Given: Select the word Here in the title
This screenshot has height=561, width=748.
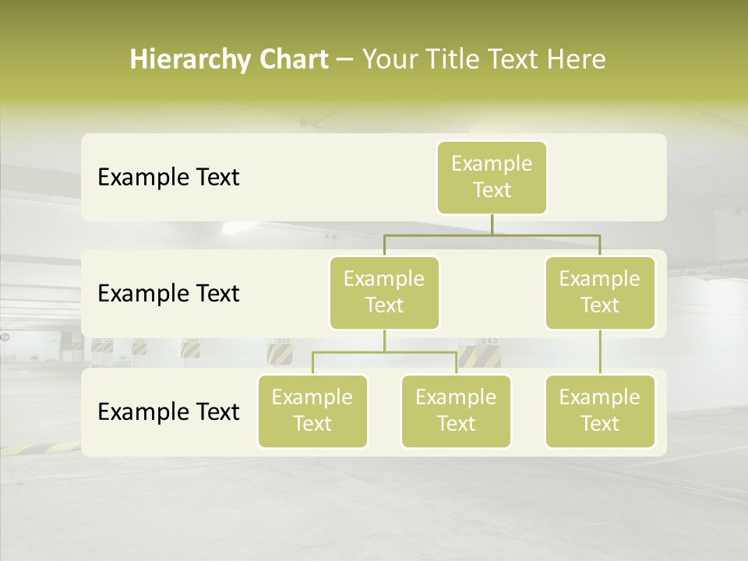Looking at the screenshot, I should (576, 60).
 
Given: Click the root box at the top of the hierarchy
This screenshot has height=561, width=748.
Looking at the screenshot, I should (492, 177).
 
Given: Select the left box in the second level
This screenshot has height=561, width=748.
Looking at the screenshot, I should (384, 292).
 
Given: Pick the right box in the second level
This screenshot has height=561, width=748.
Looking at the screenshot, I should (599, 292).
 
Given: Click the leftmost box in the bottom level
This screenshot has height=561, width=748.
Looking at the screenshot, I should (312, 411).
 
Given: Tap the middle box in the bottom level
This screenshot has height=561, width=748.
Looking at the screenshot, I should (456, 411).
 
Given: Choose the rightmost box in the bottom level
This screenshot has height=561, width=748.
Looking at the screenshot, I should (599, 411).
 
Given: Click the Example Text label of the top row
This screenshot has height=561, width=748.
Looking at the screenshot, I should (168, 178).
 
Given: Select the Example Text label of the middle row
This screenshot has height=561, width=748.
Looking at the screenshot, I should (168, 294).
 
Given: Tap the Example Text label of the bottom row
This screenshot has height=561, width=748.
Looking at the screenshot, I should (168, 411).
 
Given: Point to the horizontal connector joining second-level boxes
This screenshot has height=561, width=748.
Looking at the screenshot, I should (492, 234).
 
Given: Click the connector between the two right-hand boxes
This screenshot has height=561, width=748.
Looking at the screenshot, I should (600, 351).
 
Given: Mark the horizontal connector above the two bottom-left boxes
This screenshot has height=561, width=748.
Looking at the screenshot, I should (384, 352).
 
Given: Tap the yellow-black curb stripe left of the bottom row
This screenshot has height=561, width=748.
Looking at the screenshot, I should (39, 449).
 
